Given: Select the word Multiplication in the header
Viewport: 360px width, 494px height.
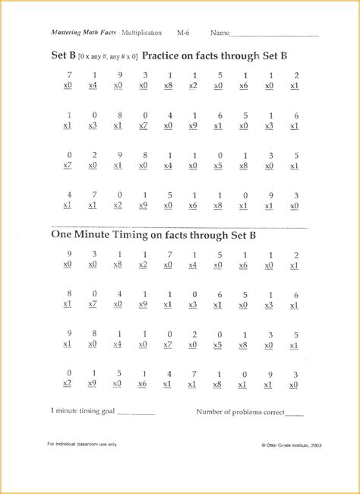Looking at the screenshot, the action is tap(142, 33).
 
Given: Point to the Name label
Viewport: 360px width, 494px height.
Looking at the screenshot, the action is tap(219, 33).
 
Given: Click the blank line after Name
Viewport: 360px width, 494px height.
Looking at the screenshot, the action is tap(273, 35).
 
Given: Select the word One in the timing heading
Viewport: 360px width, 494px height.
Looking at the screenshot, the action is tap(62, 235).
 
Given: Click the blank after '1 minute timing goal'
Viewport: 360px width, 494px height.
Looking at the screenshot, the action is tap(136, 413).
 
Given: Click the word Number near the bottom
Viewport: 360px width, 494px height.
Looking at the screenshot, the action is tap(212, 411).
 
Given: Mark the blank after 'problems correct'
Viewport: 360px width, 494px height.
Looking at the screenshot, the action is tap(294, 413).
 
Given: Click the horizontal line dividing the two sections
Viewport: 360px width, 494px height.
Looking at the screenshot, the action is tap(179, 226).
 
